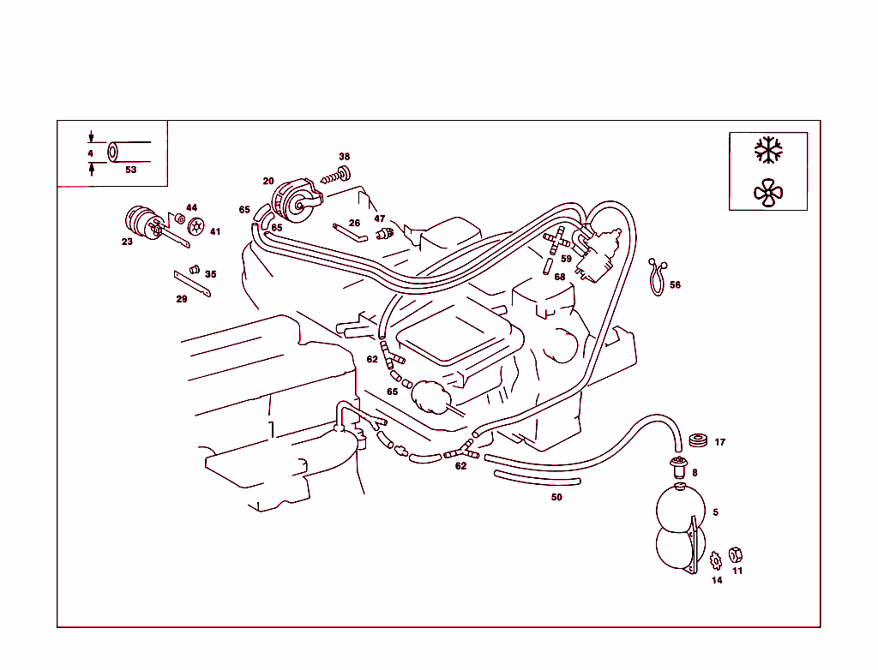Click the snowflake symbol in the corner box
[768, 150]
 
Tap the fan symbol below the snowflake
[768, 193]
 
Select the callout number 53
[131, 170]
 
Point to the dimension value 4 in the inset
[90, 153]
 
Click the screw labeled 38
[336, 176]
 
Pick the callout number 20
[268, 181]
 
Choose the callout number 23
[127, 242]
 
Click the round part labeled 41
[197, 228]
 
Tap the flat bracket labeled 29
[193, 284]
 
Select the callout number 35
[211, 274]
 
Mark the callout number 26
[354, 223]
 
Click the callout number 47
[379, 218]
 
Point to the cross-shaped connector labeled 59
[556, 242]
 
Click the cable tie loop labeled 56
[657, 276]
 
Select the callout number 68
[559, 277]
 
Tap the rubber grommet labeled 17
[698, 441]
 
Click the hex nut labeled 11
[735, 555]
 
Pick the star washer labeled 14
[714, 562]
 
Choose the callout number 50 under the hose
[556, 497]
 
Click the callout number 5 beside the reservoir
[715, 512]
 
